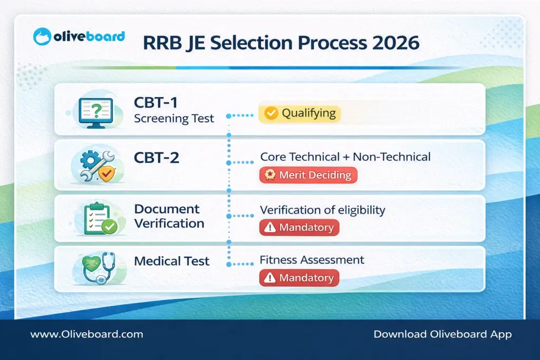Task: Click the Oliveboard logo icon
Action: tap(42, 37)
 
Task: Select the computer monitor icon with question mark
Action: tap(95, 113)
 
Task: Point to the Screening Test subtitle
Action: tap(174, 118)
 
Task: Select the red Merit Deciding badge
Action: tap(308, 176)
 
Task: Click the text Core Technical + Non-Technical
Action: tap(345, 157)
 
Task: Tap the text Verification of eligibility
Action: tap(322, 210)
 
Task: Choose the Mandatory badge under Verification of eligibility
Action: tap(299, 228)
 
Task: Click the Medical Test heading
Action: tap(171, 261)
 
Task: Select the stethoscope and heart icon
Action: tap(98, 268)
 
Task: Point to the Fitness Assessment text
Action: tap(312, 260)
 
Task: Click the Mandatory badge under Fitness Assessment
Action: tap(299, 278)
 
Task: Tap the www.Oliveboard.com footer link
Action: tap(86, 334)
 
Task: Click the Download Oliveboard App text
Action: tap(442, 334)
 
